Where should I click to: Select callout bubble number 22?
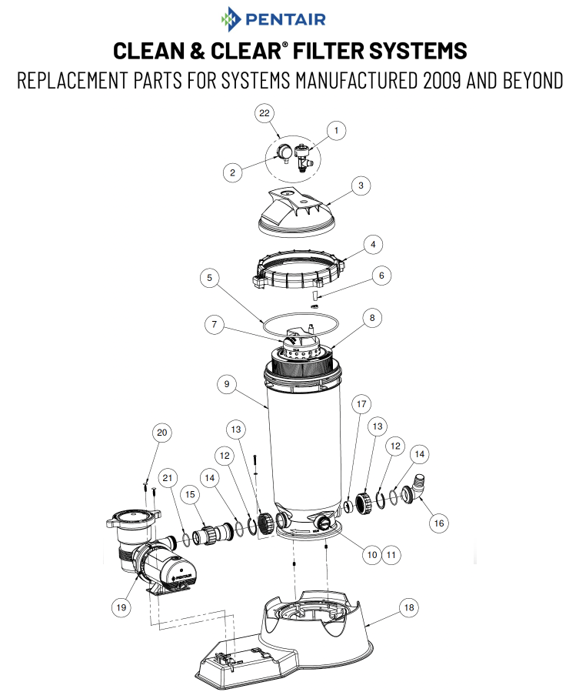(x=265, y=113)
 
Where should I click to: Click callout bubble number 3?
(x=360, y=186)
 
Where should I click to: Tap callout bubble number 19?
(x=120, y=607)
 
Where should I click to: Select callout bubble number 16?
(x=438, y=523)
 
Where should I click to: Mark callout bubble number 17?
(x=361, y=403)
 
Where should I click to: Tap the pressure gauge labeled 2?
(x=284, y=151)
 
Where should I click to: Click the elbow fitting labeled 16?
(x=418, y=488)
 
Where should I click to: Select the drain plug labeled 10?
(x=324, y=523)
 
